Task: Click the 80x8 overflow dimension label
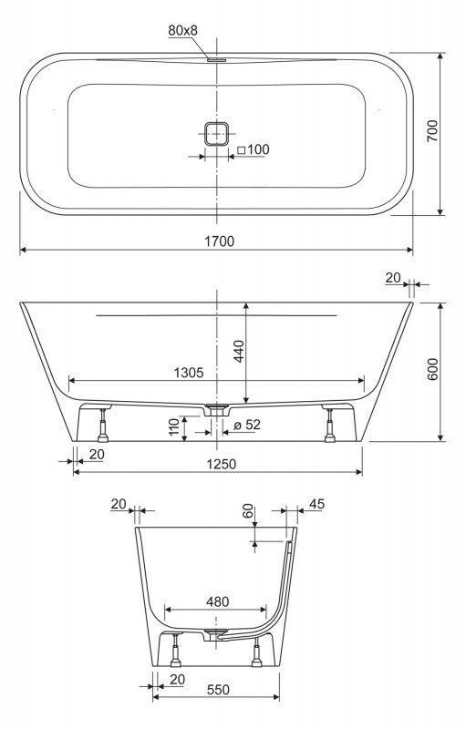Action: [183, 30]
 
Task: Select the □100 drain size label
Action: [254, 149]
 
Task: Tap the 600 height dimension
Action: [433, 369]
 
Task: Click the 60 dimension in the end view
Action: [246, 512]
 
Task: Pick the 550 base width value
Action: [215, 692]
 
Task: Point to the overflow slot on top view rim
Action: [216, 60]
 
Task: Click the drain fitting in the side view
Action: [216, 407]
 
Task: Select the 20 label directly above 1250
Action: [97, 454]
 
